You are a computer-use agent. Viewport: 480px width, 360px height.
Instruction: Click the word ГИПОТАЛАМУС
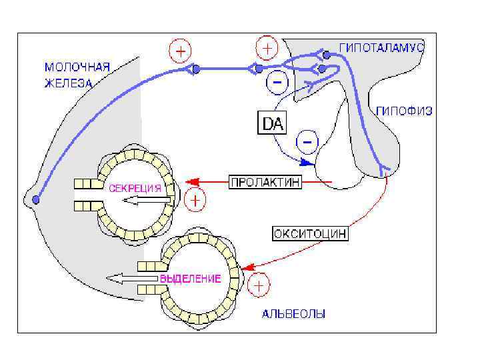382,48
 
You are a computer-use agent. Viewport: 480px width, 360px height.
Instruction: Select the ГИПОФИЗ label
404,111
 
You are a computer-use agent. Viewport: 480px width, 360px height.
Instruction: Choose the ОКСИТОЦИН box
310,234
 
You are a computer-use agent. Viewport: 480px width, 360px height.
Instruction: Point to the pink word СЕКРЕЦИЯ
135,188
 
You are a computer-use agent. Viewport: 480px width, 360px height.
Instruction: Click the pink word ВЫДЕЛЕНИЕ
190,279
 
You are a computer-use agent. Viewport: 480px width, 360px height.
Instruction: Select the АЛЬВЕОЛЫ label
293,313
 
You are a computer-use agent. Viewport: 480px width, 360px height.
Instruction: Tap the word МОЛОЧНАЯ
76,67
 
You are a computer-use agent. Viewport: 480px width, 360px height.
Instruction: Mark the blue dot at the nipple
36,199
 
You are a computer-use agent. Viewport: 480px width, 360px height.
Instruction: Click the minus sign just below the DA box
308,141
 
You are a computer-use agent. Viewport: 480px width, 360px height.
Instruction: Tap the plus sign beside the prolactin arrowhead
195,199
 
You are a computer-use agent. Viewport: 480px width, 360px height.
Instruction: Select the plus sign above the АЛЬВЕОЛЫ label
259,286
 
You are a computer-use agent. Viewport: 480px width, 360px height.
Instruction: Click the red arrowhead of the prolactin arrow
189,181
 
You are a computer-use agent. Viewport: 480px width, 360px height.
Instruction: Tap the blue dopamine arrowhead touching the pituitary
307,161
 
